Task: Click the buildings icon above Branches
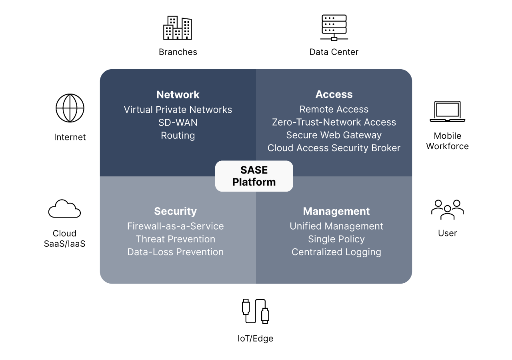click(178, 28)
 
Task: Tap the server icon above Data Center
click(334, 28)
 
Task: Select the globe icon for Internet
click(70, 108)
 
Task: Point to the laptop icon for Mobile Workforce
click(447, 112)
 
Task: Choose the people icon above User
click(447, 210)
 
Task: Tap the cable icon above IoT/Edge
click(255, 311)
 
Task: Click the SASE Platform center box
click(254, 176)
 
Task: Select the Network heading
click(178, 94)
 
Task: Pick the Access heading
click(334, 94)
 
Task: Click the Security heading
click(175, 211)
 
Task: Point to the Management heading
click(336, 211)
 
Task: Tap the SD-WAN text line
click(178, 122)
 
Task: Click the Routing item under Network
click(178, 136)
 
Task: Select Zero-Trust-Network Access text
click(334, 122)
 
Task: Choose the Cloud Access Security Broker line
click(334, 148)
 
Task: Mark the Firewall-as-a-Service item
click(175, 226)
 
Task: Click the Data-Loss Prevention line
click(175, 252)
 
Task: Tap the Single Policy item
click(336, 239)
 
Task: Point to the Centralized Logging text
click(336, 252)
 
